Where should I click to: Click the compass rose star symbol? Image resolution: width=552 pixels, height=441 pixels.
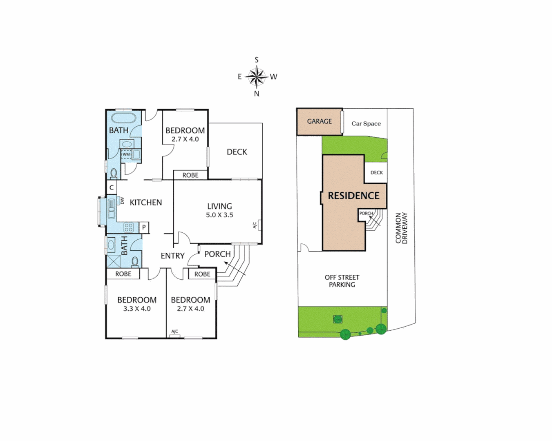(257, 76)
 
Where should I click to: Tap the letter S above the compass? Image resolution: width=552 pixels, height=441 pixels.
(257, 60)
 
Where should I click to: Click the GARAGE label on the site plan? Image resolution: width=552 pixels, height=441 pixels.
(319, 121)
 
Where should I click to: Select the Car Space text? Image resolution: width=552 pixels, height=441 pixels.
(366, 123)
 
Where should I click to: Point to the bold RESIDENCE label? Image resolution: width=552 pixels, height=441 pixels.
(354, 196)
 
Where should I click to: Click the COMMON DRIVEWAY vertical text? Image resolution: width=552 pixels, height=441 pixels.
(402, 228)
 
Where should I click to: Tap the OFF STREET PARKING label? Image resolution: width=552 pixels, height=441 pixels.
(342, 281)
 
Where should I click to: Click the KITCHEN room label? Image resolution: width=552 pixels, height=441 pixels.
(145, 203)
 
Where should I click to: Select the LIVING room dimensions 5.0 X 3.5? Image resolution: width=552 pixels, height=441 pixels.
(219, 215)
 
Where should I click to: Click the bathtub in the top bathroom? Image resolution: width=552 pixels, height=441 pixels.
(123, 118)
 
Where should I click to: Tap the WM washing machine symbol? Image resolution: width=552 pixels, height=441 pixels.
(126, 154)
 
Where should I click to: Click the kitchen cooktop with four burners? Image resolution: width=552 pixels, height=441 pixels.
(129, 227)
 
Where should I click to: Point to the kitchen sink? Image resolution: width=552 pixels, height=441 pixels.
(111, 208)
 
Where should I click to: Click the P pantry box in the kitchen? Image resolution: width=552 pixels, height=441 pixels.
(144, 227)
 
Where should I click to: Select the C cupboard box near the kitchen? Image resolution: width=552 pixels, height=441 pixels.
(112, 188)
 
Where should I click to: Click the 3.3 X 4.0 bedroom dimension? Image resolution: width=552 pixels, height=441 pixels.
(137, 309)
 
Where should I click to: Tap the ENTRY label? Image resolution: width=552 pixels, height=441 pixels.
(172, 256)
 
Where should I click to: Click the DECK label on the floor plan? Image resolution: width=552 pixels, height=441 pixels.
(237, 152)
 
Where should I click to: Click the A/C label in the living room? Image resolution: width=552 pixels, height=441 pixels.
(255, 225)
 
